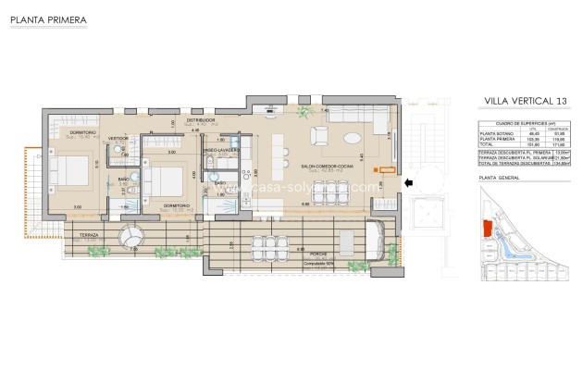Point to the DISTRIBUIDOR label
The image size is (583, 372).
200,119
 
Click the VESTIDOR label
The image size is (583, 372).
118,138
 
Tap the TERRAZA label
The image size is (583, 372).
89,236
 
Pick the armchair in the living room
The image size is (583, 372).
319,137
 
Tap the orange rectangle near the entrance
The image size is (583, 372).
376,169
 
